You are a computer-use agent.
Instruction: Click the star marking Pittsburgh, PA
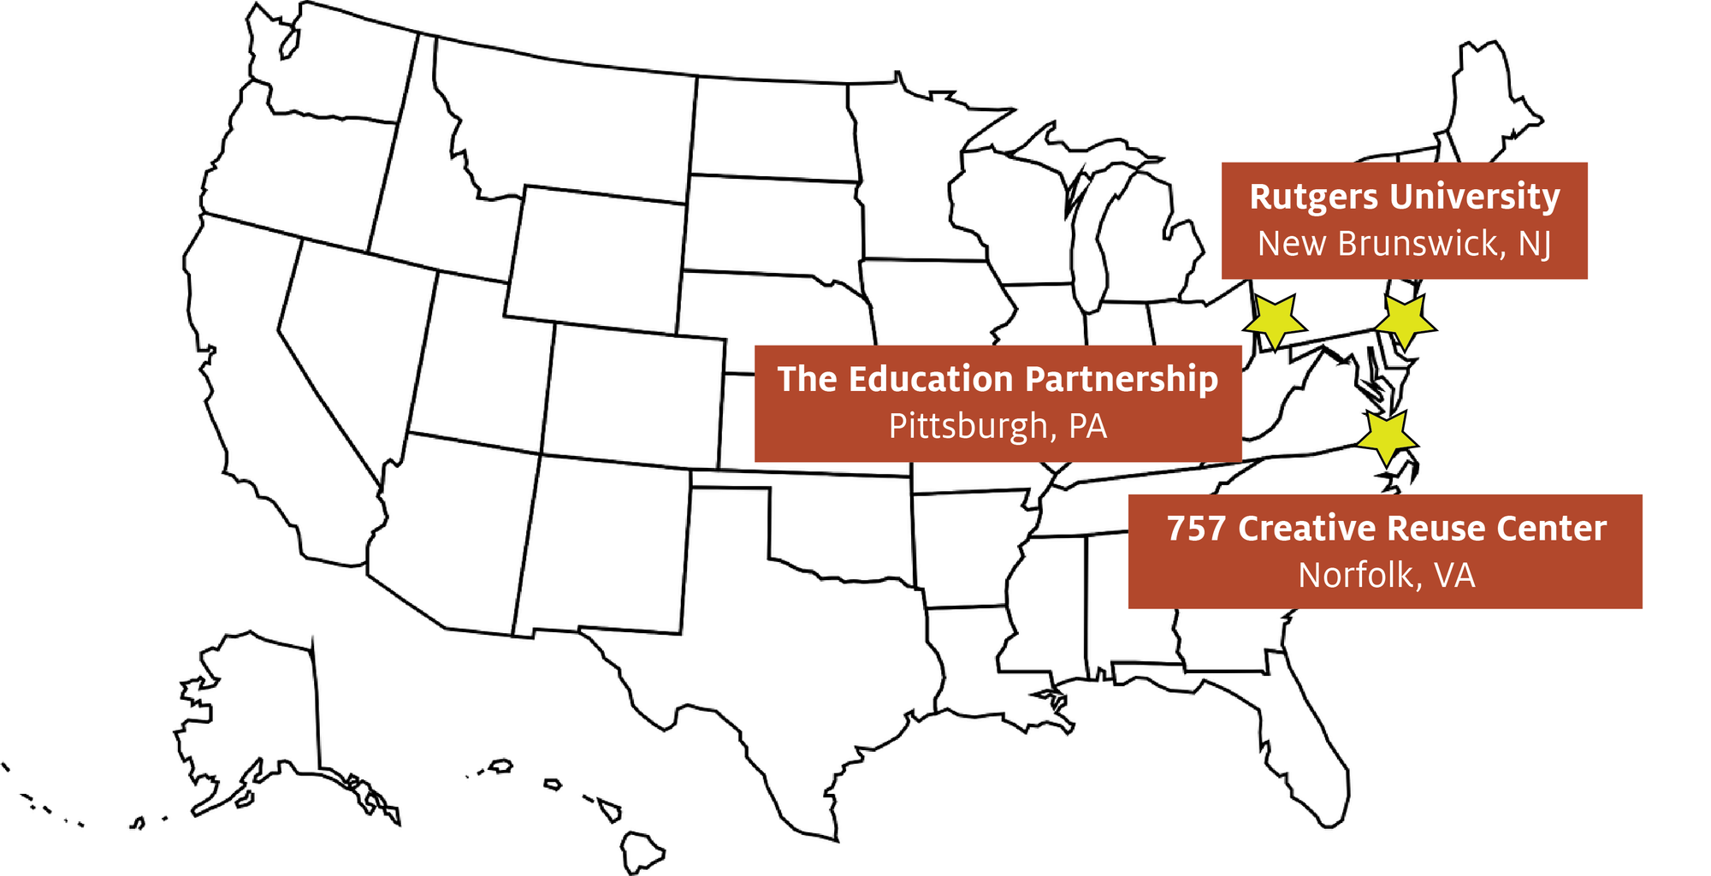point(1275,322)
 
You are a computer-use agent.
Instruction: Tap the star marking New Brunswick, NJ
point(1406,321)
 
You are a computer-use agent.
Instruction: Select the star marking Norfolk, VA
point(1387,437)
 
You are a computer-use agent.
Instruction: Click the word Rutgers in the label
point(1313,198)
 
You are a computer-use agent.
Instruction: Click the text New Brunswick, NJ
point(1404,244)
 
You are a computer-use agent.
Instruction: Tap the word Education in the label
point(931,379)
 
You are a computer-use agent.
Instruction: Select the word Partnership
point(1122,379)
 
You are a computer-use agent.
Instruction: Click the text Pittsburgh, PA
point(998,426)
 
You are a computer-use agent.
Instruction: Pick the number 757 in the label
point(1197,529)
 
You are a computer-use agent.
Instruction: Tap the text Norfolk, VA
point(1386,575)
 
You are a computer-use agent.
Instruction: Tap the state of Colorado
point(633,394)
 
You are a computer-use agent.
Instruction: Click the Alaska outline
point(257,719)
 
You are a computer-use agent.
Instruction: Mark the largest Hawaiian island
point(642,851)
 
